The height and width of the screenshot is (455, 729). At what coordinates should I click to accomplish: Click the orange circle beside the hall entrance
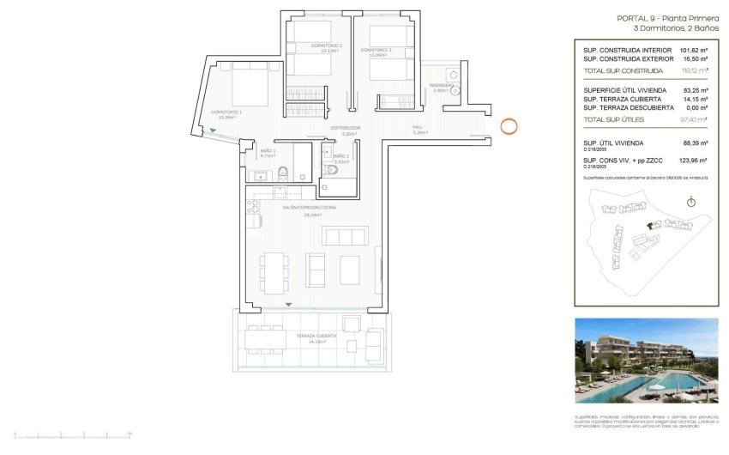509,127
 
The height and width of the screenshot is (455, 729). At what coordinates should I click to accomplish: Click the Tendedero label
441,86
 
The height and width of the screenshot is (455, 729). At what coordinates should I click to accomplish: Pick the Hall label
419,128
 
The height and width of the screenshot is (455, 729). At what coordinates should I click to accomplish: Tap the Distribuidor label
346,129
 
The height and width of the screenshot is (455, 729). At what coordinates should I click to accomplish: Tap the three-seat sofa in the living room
343,236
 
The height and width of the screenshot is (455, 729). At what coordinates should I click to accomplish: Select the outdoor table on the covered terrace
265,340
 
